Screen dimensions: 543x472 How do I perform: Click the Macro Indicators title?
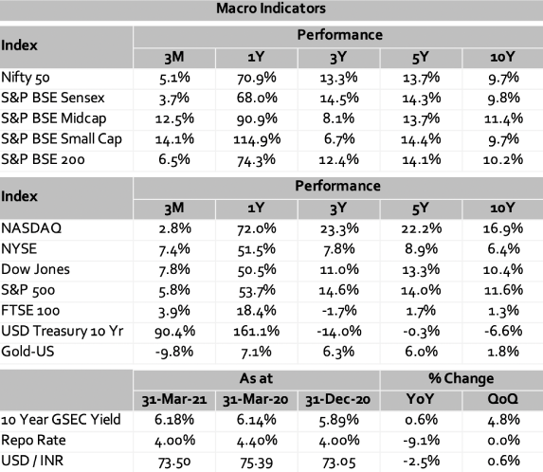click(x=271, y=9)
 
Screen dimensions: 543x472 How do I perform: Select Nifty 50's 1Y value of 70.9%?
click(x=256, y=78)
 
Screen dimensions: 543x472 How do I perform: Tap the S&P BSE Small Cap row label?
click(x=62, y=139)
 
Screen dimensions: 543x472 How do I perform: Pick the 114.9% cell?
click(x=257, y=139)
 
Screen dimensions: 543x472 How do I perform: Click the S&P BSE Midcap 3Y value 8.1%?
click(x=338, y=118)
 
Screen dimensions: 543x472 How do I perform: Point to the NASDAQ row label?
click(x=31, y=228)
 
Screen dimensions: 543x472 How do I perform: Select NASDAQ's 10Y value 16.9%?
click(x=503, y=228)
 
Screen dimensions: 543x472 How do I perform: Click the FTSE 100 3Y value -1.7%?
click(x=339, y=311)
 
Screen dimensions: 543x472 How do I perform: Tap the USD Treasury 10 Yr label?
click(x=62, y=331)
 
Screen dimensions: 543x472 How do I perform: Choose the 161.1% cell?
click(x=256, y=331)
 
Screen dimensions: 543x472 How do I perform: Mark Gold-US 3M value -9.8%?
click(x=174, y=352)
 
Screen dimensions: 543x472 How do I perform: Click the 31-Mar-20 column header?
click(x=256, y=400)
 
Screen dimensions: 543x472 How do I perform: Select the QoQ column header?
click(x=503, y=399)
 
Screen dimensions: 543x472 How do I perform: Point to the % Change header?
click(x=461, y=378)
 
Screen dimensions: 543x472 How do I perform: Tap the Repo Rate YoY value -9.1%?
click(x=421, y=441)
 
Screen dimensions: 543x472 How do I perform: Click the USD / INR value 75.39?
click(x=256, y=462)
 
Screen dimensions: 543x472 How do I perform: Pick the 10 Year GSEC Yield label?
click(x=61, y=420)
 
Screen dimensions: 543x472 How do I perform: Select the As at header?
click(x=256, y=378)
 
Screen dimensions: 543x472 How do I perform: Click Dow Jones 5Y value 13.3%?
click(x=421, y=270)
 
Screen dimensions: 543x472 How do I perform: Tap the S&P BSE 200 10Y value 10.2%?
click(x=503, y=159)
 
